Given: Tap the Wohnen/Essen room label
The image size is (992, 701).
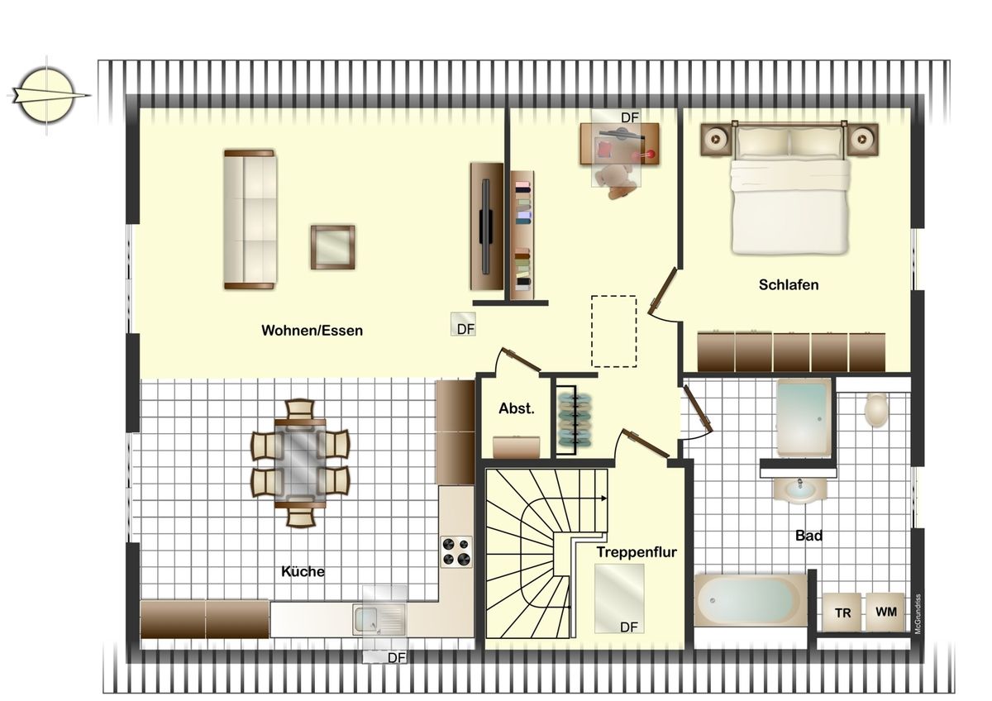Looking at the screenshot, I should pyautogui.click(x=312, y=331).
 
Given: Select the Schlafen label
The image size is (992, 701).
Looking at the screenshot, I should pyautogui.click(x=789, y=285).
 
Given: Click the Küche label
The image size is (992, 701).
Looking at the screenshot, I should pyautogui.click(x=303, y=571).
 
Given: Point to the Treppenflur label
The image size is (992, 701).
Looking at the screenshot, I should pyautogui.click(x=637, y=552).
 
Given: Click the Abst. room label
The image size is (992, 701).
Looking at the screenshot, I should pyautogui.click(x=517, y=408).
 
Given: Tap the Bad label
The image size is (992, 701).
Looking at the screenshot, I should pyautogui.click(x=808, y=536).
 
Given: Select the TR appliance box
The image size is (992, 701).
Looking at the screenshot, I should pyautogui.click(x=842, y=613).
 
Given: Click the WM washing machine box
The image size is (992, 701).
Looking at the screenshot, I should pyautogui.click(x=885, y=613).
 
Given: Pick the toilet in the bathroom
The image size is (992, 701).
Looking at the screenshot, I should pyautogui.click(x=875, y=409).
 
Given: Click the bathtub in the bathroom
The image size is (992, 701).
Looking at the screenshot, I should pyautogui.click(x=750, y=599).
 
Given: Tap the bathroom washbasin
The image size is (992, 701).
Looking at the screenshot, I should pyautogui.click(x=799, y=490).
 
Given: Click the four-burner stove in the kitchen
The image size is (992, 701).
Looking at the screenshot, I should pyautogui.click(x=456, y=551).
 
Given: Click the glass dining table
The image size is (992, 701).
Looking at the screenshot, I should pyautogui.click(x=300, y=463).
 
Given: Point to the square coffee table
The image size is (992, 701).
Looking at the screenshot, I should pyautogui.click(x=332, y=246).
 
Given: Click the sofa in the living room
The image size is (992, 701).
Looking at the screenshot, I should pyautogui.click(x=249, y=219).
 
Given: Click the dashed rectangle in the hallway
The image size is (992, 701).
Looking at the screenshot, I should pyautogui.click(x=613, y=331).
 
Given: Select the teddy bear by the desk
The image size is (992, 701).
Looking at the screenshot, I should pyautogui.click(x=617, y=180).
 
